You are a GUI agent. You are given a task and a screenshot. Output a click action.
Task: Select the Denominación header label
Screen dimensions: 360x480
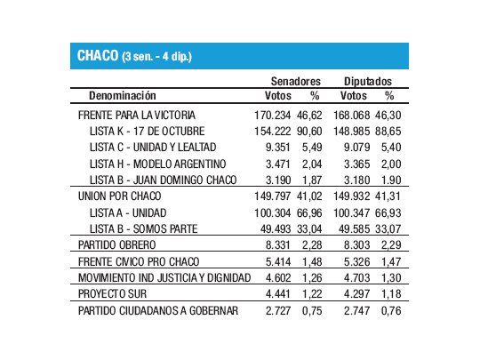pos(123,94)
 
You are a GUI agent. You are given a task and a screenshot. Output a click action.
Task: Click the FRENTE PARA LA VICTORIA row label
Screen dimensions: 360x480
pos(137,115)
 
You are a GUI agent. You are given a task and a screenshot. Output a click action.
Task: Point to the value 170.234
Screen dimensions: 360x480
pos(272,115)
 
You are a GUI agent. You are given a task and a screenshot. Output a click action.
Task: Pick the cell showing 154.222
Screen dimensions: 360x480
pos(272,131)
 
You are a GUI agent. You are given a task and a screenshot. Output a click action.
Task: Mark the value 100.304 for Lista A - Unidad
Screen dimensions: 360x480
pos(272,213)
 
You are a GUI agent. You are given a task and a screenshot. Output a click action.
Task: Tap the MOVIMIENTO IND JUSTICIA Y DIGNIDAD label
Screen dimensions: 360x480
pos(158,278)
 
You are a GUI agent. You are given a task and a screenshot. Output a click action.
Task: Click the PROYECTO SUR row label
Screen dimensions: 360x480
pos(108,295)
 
